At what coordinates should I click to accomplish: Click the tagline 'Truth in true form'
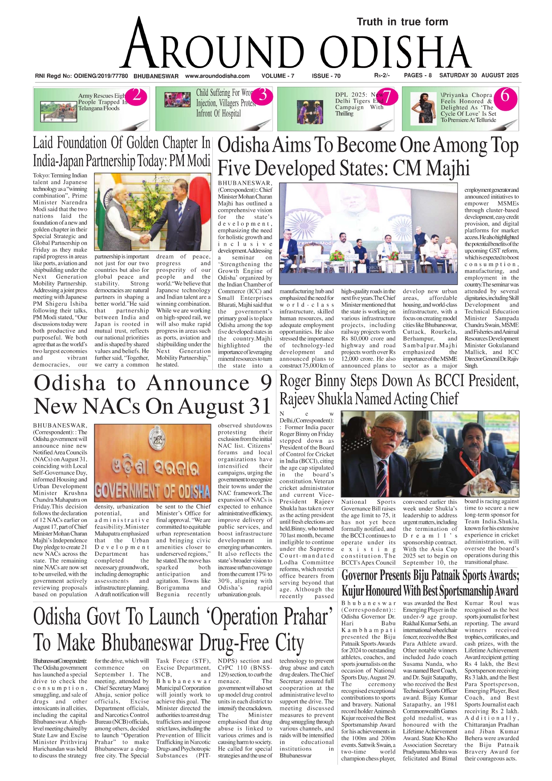[402, 22]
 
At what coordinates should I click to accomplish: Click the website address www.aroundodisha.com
[217, 76]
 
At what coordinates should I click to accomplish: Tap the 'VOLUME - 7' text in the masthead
[278, 76]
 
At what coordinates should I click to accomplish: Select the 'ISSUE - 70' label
[326, 76]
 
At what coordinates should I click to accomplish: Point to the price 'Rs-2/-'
[382, 76]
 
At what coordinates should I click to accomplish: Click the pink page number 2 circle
[137, 96]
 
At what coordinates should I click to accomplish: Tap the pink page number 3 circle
[263, 95]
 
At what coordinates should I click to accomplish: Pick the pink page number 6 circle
[505, 96]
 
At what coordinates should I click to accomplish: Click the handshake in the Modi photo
[145, 238]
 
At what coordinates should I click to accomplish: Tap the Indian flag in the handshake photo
[103, 209]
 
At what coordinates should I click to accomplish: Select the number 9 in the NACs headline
[266, 383]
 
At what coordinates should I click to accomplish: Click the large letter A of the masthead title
[141, 45]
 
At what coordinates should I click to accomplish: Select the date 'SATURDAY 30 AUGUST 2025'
[479, 76]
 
